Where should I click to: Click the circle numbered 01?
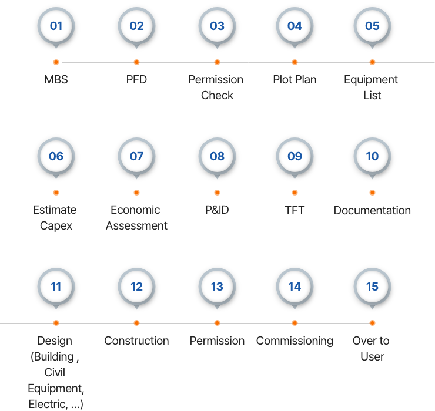pos(56,26)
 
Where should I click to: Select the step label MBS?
pos(56,79)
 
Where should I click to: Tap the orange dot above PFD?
pos(136,62)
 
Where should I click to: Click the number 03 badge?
pos(217,26)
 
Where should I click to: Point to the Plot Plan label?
pos(295,79)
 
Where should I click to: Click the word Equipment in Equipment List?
pos(371,80)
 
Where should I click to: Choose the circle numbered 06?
pos(56,156)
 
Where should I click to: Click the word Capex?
pos(56,226)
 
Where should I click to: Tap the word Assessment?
pos(136,225)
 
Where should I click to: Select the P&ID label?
pos(217,210)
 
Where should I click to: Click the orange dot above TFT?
pos(295,193)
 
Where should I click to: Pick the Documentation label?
pos(372,210)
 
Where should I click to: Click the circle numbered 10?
pos(372,156)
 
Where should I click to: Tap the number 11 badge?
pos(56,287)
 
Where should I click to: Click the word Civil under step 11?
pos(55,372)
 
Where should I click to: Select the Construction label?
pos(136,341)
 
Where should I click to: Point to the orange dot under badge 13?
pos(217,323)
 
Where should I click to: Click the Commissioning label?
pos(295,341)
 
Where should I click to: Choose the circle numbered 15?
pos(372,287)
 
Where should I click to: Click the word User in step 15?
pos(372,356)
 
